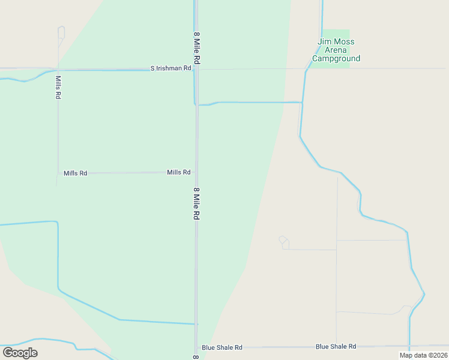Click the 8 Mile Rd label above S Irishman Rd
pyautogui.click(x=196, y=49)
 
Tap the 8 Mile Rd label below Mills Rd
pyautogui.click(x=196, y=203)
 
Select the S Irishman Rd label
pyautogui.click(x=170, y=68)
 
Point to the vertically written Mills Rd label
pyautogui.click(x=58, y=87)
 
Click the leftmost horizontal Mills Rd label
pyautogui.click(x=75, y=173)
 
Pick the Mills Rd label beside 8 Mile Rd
pyautogui.click(x=178, y=172)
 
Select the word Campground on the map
pyautogui.click(x=336, y=59)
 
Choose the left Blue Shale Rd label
pyautogui.click(x=222, y=347)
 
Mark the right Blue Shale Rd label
pyautogui.click(x=336, y=346)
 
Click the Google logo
pyautogui.click(x=20, y=352)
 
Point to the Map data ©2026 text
pyautogui.click(x=423, y=355)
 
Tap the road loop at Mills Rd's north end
pyautogui.click(x=61, y=32)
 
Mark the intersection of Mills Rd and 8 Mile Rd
pyautogui.click(x=196, y=172)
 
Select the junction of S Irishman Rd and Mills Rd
pyautogui.click(x=58, y=69)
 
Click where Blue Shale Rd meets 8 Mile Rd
pyautogui.click(x=196, y=347)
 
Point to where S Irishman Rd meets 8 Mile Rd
pyautogui.click(x=196, y=69)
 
